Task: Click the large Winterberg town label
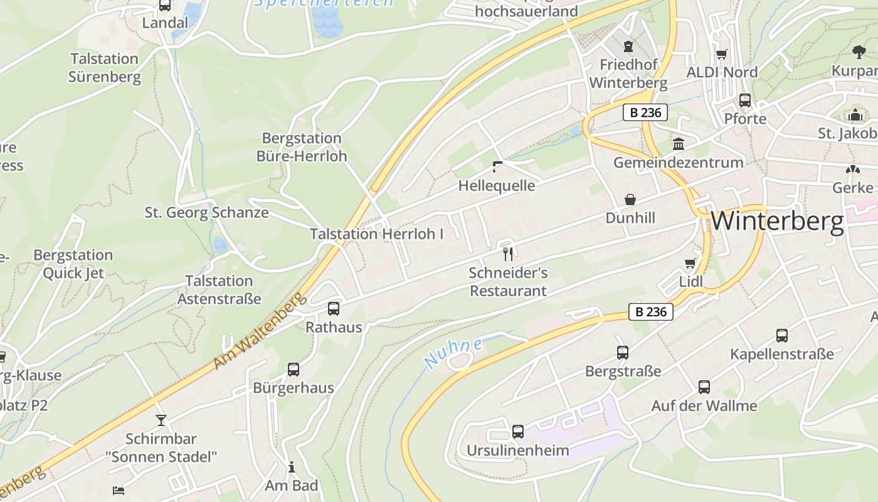click(777, 222)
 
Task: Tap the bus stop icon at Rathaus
click(334, 309)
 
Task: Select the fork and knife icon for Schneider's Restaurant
click(508, 254)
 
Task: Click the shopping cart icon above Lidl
click(690, 264)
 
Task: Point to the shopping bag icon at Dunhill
click(630, 200)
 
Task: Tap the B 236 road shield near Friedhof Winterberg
click(645, 113)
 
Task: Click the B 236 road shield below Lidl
click(650, 312)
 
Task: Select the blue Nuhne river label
click(453, 352)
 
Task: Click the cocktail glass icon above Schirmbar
click(161, 420)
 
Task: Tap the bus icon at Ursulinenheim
click(517, 432)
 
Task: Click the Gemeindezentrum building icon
click(679, 144)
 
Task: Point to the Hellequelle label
click(497, 186)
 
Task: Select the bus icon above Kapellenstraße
click(782, 336)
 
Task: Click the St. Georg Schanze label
click(207, 213)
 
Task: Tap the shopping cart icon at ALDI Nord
click(722, 55)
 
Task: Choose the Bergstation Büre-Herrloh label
click(302, 147)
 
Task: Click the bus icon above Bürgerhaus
click(294, 370)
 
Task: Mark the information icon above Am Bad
click(291, 467)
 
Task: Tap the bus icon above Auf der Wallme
click(704, 387)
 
